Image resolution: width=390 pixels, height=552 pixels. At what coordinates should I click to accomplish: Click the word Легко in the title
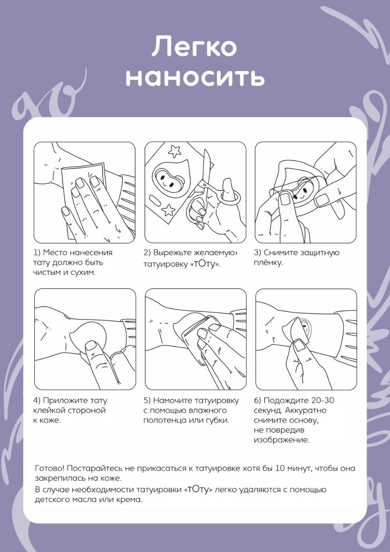click(194, 47)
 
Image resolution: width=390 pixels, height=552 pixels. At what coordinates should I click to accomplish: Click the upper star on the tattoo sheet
click(175, 151)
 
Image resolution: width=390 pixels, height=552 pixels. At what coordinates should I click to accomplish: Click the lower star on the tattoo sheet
click(168, 210)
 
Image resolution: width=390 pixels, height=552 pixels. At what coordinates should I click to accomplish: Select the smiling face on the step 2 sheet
click(165, 176)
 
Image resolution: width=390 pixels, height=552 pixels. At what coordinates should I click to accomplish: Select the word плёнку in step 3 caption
click(268, 263)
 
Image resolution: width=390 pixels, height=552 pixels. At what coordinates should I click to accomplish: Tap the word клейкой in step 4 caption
click(49, 410)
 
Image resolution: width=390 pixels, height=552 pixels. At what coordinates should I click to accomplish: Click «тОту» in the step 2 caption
click(205, 264)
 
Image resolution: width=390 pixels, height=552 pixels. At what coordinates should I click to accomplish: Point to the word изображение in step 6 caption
click(282, 440)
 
